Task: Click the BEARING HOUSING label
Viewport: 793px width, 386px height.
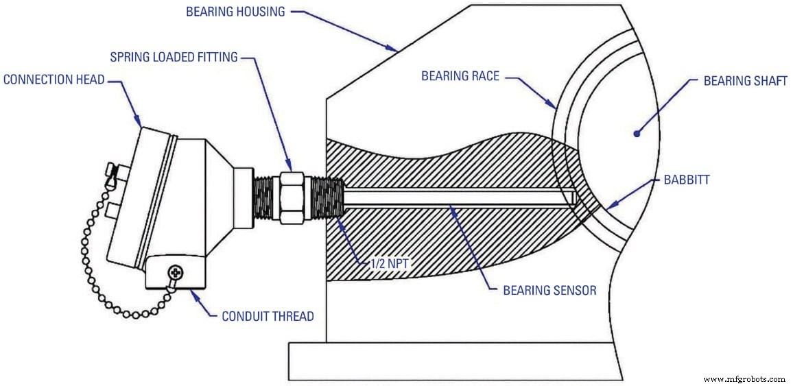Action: (x=235, y=12)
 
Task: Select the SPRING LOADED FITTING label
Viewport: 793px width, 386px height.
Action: (x=174, y=57)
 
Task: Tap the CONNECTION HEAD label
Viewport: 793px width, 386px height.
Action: (x=54, y=80)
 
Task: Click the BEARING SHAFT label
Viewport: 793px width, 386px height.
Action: (x=746, y=81)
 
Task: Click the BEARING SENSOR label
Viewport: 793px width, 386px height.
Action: (x=549, y=290)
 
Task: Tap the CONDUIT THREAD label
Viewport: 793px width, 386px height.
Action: (x=268, y=316)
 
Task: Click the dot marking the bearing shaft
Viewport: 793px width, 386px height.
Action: (x=637, y=134)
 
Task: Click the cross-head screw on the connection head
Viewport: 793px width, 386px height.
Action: (x=175, y=274)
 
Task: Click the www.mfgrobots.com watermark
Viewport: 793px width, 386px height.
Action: (x=744, y=378)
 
